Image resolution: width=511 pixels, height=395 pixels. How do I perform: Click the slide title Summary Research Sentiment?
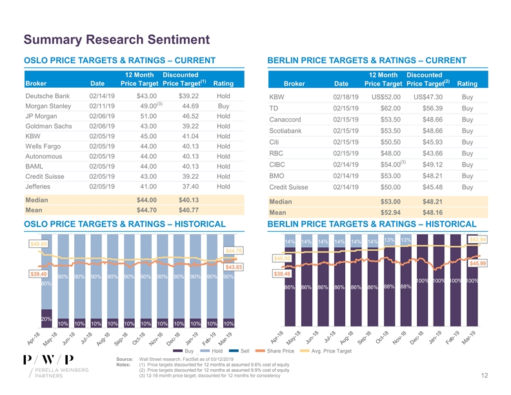tap(107, 39)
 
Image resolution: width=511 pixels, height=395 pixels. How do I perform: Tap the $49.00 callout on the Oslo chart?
tap(39, 243)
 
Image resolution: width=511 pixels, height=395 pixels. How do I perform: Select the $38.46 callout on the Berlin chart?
tap(282, 274)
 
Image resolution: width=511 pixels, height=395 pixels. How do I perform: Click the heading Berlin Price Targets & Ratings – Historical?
tap(371, 225)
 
